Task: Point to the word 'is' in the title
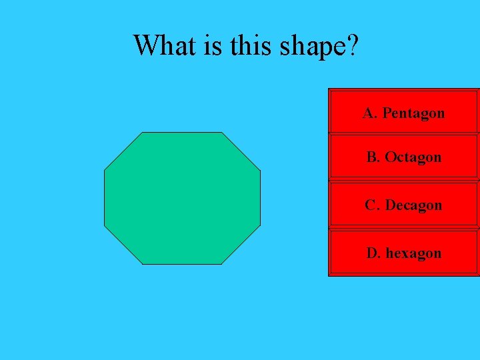[215, 45]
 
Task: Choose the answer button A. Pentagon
[403, 111]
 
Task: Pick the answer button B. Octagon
[403, 157]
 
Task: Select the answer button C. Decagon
[403, 204]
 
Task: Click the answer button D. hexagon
[403, 252]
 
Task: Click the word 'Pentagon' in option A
[413, 113]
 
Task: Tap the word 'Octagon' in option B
[413, 157]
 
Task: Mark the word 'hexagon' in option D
[413, 253]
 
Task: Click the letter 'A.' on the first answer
[370, 113]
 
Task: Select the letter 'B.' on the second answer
[373, 157]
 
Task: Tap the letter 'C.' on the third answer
[372, 205]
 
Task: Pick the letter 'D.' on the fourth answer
[373, 253]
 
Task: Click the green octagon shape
[182, 198]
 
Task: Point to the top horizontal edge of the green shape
[182, 133]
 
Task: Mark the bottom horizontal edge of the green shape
[182, 264]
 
